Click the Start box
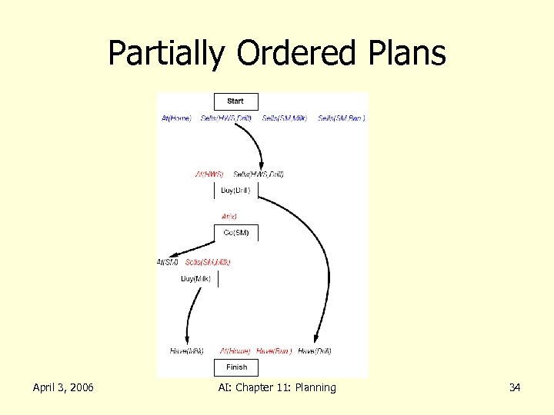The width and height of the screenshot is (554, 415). coord(235,101)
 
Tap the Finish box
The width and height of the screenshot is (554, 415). coord(236,367)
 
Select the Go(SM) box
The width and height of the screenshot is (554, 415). coord(235,233)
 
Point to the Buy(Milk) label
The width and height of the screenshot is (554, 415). coord(195,279)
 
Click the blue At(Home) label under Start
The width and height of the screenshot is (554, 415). coord(176,118)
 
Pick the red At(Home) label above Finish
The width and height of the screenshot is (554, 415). coord(235,351)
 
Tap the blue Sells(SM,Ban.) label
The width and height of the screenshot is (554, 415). coord(342,118)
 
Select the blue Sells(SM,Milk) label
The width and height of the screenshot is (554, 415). coord(284,118)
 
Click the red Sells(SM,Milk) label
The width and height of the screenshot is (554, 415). coord(208,262)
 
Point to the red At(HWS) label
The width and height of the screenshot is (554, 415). coord(209,174)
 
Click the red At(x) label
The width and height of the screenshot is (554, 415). coord(229,217)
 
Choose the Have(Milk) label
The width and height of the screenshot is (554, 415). coord(187,351)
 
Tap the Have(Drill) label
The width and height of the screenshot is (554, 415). coord(315,351)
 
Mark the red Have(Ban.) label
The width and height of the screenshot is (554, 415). coord(274,351)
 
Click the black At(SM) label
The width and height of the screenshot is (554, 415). coord(168,262)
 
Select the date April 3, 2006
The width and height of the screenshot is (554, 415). coord(63,387)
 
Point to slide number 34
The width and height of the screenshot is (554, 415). coord(515,387)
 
